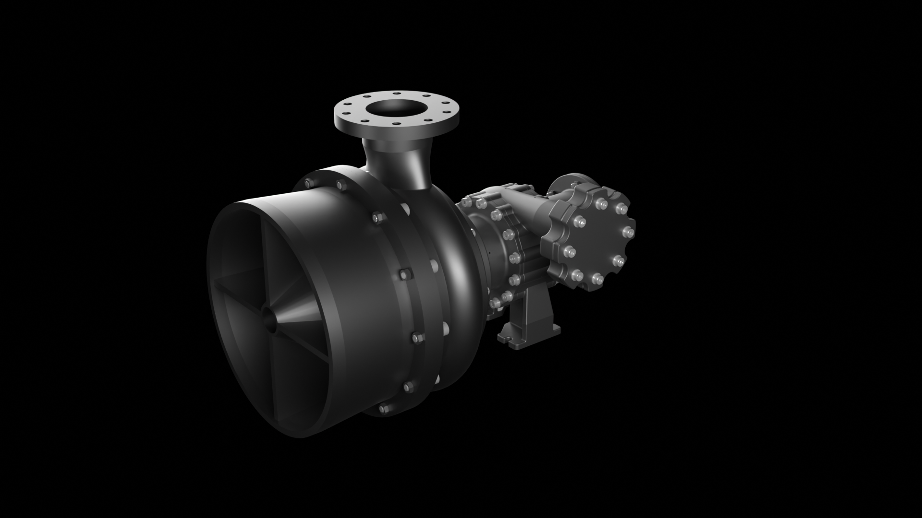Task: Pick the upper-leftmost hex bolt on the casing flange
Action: click(x=307, y=182)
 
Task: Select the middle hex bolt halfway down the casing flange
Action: click(x=403, y=274)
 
